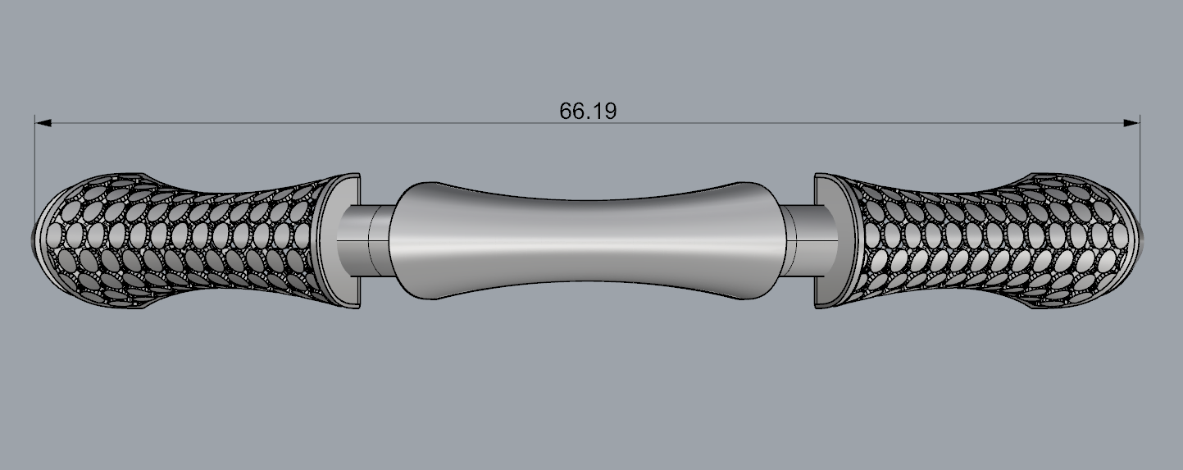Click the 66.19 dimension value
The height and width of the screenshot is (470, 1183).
coord(588,111)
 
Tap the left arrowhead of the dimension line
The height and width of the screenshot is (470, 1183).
coord(43,123)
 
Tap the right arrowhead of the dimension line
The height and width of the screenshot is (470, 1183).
coord(1131,123)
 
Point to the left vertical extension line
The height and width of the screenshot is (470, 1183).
coord(35,175)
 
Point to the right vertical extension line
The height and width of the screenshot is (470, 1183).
coord(1140,175)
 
